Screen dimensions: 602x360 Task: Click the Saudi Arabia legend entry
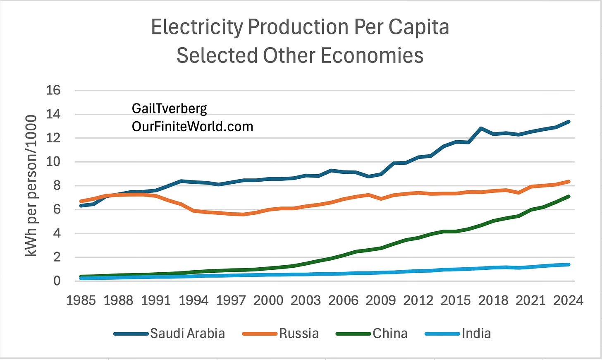point(170,334)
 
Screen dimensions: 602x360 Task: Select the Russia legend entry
point(281,334)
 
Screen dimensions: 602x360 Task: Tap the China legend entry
point(372,334)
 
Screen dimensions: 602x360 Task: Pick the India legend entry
point(458,334)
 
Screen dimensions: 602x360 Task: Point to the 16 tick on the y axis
point(53,90)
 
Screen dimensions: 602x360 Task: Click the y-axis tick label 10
point(53,162)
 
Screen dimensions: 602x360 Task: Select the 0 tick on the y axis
point(57,281)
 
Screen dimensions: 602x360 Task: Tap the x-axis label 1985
point(81,300)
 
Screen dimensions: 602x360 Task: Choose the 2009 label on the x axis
point(381,300)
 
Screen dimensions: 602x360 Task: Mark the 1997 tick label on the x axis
point(231,300)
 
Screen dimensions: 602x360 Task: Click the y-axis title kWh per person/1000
point(31,186)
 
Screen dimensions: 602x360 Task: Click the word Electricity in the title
point(197,27)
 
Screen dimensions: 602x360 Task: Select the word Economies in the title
point(372,55)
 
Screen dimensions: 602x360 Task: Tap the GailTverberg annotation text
point(170,109)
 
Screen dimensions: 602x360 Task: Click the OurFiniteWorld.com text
point(192,127)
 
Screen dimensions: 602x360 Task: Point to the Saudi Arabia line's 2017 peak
point(481,128)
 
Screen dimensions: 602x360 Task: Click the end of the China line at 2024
point(569,197)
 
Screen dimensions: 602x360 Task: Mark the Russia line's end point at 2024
point(569,182)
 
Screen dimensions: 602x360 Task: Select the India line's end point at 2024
point(569,264)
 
